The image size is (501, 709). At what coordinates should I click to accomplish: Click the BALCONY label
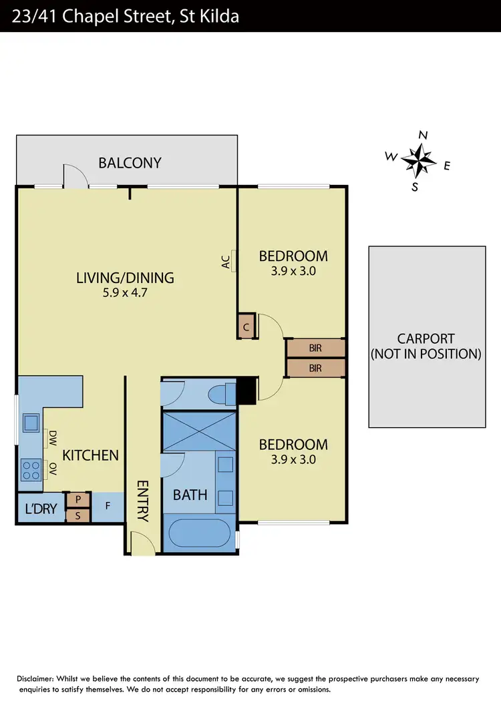(x=130, y=162)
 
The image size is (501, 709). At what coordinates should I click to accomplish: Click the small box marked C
(x=246, y=326)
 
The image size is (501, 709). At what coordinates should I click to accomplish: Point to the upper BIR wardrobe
(x=315, y=348)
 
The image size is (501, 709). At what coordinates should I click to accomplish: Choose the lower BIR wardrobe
(x=315, y=368)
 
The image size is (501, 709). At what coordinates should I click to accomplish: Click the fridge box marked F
(x=108, y=507)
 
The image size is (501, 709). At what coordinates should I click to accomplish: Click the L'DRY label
(x=41, y=509)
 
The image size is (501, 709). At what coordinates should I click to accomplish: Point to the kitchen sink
(x=31, y=423)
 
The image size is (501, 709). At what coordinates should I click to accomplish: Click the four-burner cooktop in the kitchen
(x=31, y=468)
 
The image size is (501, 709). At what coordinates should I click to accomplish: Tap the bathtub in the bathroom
(x=199, y=534)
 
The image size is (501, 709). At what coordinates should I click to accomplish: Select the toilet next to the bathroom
(x=219, y=394)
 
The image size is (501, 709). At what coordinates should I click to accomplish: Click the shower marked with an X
(x=199, y=430)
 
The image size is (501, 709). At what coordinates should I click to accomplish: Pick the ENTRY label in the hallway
(x=142, y=501)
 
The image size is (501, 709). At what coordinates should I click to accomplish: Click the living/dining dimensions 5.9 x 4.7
(x=125, y=292)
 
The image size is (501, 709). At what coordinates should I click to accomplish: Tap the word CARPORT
(x=426, y=338)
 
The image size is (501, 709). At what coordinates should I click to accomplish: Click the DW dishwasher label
(x=51, y=439)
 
